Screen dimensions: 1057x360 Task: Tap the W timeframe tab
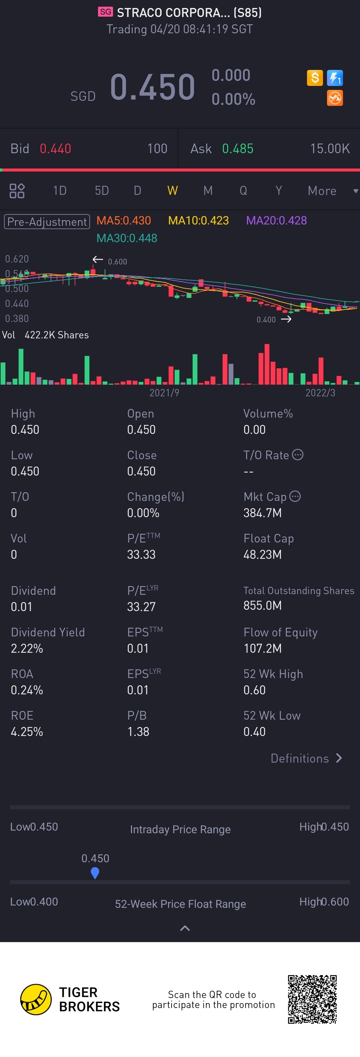(172, 190)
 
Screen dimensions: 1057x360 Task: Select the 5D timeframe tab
(102, 190)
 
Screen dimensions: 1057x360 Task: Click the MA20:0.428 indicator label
(276, 221)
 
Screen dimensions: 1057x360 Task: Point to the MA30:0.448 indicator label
(127, 238)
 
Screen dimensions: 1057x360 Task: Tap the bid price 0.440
(55, 149)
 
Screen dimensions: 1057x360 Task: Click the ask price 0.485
(238, 149)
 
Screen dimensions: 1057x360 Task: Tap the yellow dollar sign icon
(315, 78)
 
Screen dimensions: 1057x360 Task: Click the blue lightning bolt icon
(335, 78)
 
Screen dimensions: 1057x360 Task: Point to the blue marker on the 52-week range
(95, 873)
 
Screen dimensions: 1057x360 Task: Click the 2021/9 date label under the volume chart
(164, 393)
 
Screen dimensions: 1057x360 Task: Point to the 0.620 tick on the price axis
(17, 259)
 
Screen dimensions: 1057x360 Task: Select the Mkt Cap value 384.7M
(262, 513)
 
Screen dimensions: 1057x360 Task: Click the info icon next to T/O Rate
(298, 455)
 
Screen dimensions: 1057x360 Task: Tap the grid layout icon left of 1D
(17, 191)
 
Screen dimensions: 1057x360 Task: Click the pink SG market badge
(105, 12)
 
